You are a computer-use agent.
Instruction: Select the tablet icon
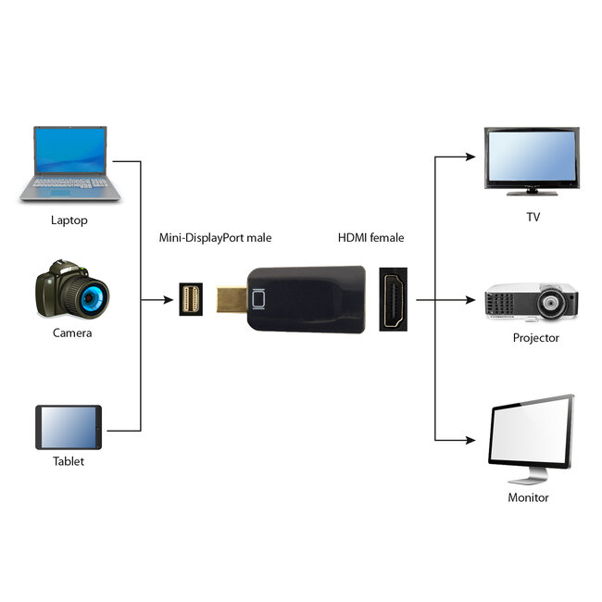(69, 428)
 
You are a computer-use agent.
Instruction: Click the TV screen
(532, 156)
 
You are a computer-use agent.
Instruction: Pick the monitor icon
(531, 438)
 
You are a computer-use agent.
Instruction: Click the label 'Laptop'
(69, 221)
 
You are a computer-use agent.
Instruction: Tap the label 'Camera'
(71, 332)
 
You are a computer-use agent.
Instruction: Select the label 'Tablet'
(69, 461)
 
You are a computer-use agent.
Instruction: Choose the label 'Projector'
(536, 338)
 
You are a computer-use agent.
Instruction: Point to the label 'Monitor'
(528, 497)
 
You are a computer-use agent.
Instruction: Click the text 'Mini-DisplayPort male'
(215, 238)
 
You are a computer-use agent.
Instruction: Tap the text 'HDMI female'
(370, 238)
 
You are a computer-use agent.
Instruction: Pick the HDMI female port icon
(394, 299)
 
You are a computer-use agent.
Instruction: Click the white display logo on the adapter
(258, 299)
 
